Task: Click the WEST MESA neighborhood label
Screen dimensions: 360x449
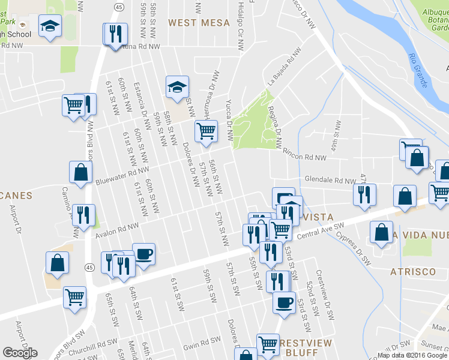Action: click(x=199, y=23)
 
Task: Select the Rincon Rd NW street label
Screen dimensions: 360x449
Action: click(x=304, y=155)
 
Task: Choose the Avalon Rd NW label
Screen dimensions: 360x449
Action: click(x=116, y=229)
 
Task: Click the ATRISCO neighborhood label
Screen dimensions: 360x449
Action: click(x=412, y=272)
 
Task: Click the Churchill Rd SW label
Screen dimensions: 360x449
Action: click(x=99, y=345)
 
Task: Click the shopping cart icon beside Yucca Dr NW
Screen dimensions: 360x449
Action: click(x=206, y=131)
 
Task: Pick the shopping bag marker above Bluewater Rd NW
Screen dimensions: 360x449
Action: click(x=80, y=172)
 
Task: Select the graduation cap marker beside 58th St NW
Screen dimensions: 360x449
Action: click(x=177, y=87)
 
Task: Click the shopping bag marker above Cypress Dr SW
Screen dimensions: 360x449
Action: click(x=381, y=232)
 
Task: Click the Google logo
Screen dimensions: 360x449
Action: click(x=20, y=353)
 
